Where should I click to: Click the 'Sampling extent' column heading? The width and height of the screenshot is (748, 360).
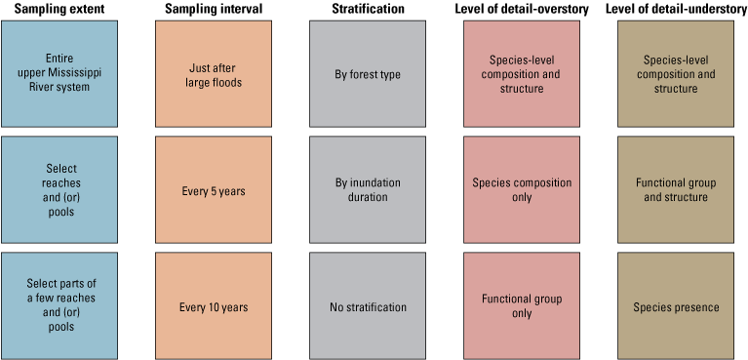point(59,9)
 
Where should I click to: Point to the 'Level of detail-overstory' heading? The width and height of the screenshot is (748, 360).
point(521,9)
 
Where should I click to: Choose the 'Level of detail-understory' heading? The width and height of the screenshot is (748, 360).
point(675,9)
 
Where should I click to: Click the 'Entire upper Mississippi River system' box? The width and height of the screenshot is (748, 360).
point(59,74)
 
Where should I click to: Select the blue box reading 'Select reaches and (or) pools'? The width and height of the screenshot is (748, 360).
point(59,190)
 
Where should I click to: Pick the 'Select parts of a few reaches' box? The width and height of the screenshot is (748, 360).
point(59,306)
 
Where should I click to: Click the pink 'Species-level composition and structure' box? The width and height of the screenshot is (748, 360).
point(521,74)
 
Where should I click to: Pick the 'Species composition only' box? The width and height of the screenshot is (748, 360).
point(521,190)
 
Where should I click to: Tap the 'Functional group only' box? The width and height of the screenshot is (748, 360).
point(521,306)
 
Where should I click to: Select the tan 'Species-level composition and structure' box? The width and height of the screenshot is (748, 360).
point(675,74)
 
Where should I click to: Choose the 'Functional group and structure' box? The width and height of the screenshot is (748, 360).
point(675,190)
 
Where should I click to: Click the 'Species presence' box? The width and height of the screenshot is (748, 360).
point(675,306)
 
